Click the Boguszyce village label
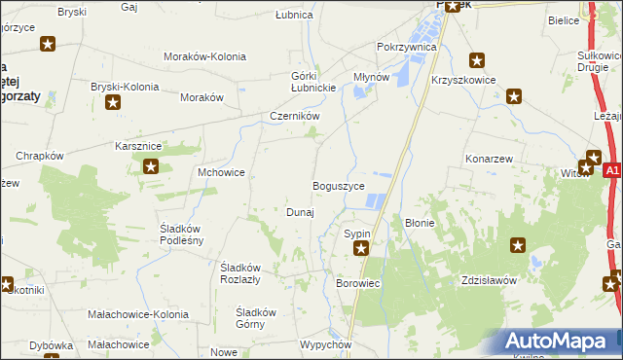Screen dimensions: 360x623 [x=338, y=185]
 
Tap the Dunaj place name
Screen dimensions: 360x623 [x=299, y=212]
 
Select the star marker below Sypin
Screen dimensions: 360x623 [x=361, y=249]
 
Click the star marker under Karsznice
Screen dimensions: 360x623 [x=151, y=166]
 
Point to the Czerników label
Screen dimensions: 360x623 [x=295, y=116]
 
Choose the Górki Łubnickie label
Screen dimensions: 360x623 [x=313, y=83]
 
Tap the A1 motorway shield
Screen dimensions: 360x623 [x=611, y=170]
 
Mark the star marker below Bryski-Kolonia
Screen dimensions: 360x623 [x=115, y=103]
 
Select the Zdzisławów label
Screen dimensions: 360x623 [x=488, y=280]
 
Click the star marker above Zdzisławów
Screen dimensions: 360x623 [x=517, y=247]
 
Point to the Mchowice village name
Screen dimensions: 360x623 [x=221, y=172]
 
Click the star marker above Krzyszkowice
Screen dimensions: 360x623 [x=477, y=59]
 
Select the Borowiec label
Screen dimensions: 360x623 [x=357, y=283]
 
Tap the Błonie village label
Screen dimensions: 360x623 [x=420, y=223]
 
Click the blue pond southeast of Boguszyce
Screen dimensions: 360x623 [x=375, y=202]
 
